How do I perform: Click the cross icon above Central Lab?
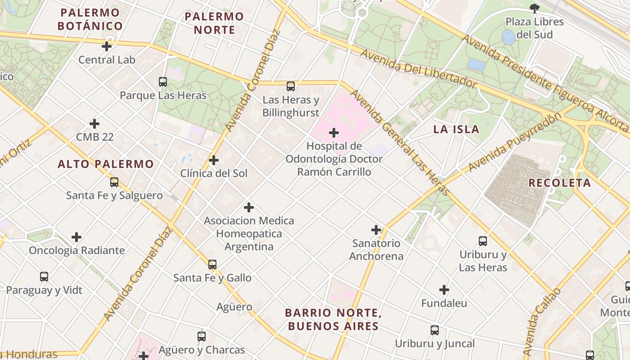(107, 46)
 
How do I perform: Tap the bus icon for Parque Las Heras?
(163, 82)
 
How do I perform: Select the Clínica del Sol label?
(214, 173)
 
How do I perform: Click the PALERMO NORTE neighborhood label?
(214, 23)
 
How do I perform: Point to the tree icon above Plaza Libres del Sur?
(534, 8)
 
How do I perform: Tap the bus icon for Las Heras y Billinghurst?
(291, 86)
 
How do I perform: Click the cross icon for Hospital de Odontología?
(334, 133)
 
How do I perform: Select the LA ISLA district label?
(456, 130)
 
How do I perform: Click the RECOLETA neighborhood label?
(559, 183)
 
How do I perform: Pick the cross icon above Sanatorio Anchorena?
(376, 230)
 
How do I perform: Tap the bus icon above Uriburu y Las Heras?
(483, 241)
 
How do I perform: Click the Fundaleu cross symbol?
(444, 290)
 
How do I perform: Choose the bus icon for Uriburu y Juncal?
(435, 330)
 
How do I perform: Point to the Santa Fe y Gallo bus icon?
(212, 265)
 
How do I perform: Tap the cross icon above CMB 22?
(94, 124)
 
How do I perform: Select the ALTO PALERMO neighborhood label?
(106, 164)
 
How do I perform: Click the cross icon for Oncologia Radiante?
(76, 237)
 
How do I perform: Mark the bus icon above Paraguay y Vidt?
(44, 277)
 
